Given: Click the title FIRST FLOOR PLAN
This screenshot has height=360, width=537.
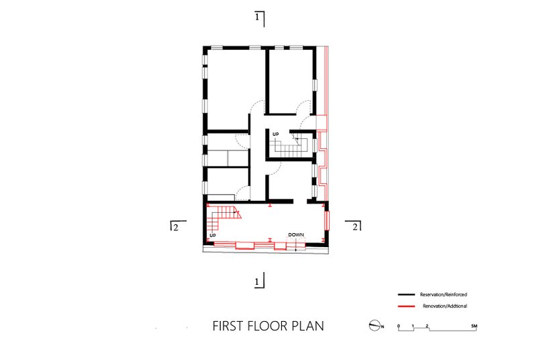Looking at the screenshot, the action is pos(268,326).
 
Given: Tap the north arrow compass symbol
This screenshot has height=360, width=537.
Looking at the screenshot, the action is pos(375,326).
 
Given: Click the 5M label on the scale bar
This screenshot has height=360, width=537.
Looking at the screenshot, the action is pos(474,326).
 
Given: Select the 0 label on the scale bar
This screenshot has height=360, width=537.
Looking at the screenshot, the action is pos(398,326).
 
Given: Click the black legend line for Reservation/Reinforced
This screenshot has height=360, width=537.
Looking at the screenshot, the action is pos(407,295).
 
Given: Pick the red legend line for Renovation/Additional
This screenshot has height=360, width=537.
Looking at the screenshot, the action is pos(407,306).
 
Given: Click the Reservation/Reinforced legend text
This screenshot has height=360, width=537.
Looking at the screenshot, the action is pos(444,295).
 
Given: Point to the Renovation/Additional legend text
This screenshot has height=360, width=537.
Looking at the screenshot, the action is pos(445,306).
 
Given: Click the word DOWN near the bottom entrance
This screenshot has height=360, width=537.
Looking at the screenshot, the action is pos(296,235).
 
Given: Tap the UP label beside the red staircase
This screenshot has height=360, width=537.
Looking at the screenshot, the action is pos(213,236).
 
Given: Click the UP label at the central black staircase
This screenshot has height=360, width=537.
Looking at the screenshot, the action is pos(276,134).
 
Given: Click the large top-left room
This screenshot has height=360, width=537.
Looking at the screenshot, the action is pos(236,90).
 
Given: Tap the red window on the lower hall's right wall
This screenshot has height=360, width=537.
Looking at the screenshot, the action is pos(327,220).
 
